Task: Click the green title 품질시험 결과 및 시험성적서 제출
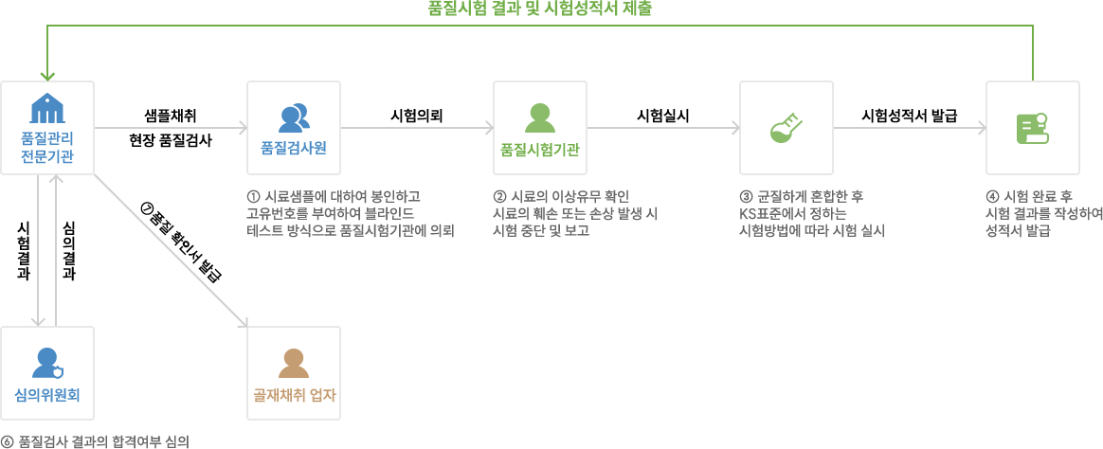click(x=540, y=9)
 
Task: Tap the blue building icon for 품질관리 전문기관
click(x=47, y=107)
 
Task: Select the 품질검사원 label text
click(x=294, y=149)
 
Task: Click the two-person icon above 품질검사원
click(x=294, y=117)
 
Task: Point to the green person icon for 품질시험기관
click(x=539, y=117)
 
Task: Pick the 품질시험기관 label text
click(x=539, y=149)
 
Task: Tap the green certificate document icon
click(x=1033, y=128)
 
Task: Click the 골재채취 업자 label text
click(x=294, y=395)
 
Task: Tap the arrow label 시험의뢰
click(x=416, y=116)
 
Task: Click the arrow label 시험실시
click(x=662, y=116)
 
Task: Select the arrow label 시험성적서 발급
click(x=910, y=116)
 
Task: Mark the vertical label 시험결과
click(x=23, y=252)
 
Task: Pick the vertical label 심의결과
click(x=69, y=252)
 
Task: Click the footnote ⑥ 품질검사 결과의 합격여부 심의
click(x=97, y=441)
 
